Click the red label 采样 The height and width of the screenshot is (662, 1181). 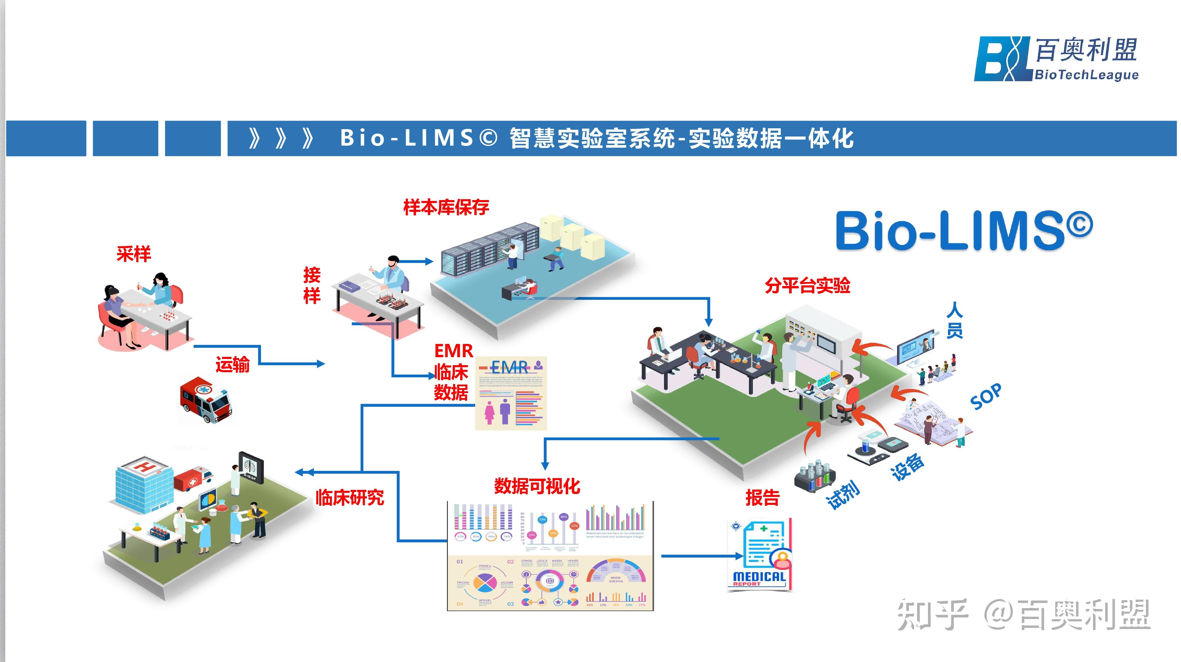pyautogui.click(x=133, y=254)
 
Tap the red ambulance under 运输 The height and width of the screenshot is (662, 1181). pyautogui.click(x=205, y=400)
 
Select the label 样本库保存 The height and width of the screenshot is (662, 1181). pyautogui.click(x=446, y=208)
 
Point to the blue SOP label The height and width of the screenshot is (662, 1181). pyautogui.click(x=986, y=397)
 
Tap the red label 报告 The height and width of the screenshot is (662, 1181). pyautogui.click(x=762, y=498)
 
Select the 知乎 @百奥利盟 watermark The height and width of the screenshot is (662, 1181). pyautogui.click(x=1023, y=614)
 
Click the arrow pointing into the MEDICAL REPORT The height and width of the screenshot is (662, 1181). pyautogui.click(x=701, y=556)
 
